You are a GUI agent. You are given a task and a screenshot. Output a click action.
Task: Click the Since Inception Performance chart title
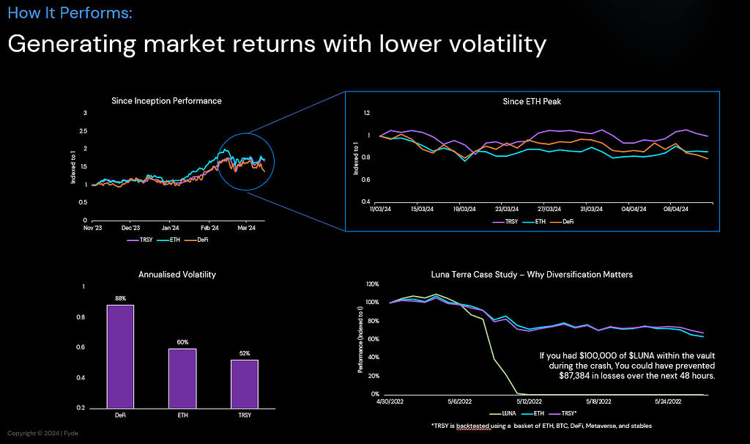pos(166,100)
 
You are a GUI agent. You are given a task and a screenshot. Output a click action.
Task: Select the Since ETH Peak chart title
pos(532,101)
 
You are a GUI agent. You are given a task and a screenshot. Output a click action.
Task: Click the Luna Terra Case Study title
pos(531,274)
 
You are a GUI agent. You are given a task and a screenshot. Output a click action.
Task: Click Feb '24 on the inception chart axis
pos(210,228)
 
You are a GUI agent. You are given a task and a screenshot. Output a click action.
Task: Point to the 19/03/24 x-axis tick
pos(466,209)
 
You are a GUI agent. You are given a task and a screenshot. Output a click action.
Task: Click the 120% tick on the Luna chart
pos(371,284)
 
